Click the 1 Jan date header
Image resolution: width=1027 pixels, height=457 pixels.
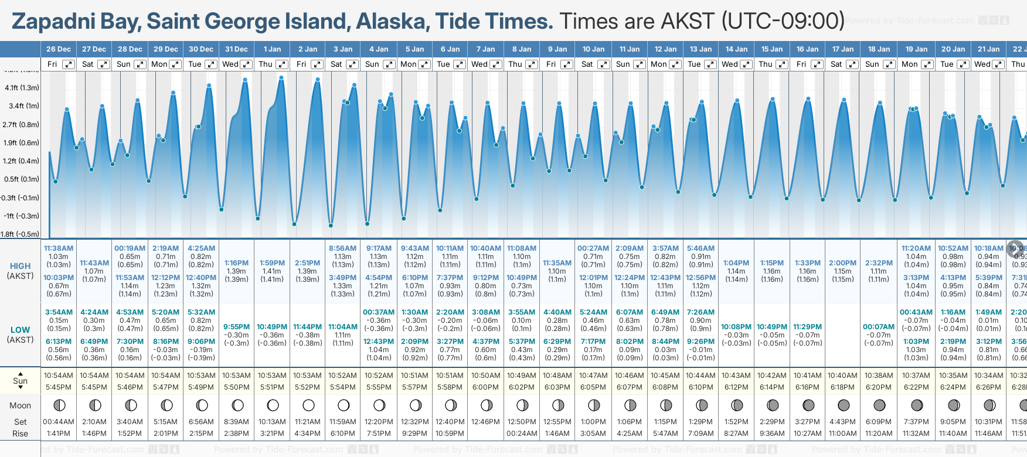(x=272, y=49)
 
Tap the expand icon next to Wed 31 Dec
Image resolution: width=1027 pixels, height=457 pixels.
(x=246, y=64)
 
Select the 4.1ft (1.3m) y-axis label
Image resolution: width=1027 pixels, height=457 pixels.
(x=22, y=88)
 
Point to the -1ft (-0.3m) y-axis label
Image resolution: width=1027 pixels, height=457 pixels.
(x=22, y=216)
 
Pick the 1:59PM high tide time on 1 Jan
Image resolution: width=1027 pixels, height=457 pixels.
(x=272, y=263)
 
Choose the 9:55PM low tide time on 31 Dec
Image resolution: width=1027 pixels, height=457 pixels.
(x=236, y=327)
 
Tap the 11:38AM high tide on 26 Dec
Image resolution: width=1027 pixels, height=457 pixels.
(x=59, y=248)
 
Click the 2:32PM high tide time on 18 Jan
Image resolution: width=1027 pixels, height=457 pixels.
(x=879, y=263)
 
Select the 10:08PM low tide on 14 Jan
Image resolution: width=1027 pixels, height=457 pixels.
(x=736, y=327)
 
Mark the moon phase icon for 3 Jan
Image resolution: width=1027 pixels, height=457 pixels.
(x=344, y=405)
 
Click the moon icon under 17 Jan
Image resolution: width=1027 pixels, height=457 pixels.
(x=844, y=405)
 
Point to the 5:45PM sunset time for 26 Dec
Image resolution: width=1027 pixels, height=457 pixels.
(x=59, y=387)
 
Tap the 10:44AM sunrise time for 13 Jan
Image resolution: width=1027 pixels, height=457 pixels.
(x=700, y=376)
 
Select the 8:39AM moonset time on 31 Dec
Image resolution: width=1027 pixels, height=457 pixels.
(x=236, y=422)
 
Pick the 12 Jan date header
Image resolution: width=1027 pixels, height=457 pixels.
(x=665, y=49)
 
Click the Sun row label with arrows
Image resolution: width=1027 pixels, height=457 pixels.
(x=20, y=381)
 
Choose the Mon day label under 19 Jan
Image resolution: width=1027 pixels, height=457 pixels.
(x=909, y=64)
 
